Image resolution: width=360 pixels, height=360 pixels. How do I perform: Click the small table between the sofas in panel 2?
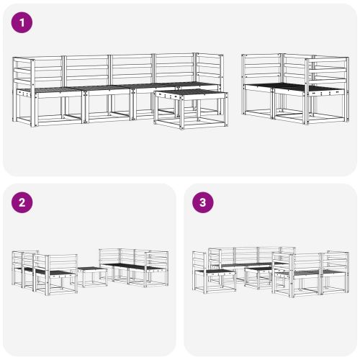click(x=91, y=276)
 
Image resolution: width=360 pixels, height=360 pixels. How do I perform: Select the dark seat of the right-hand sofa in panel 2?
click(x=130, y=266)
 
